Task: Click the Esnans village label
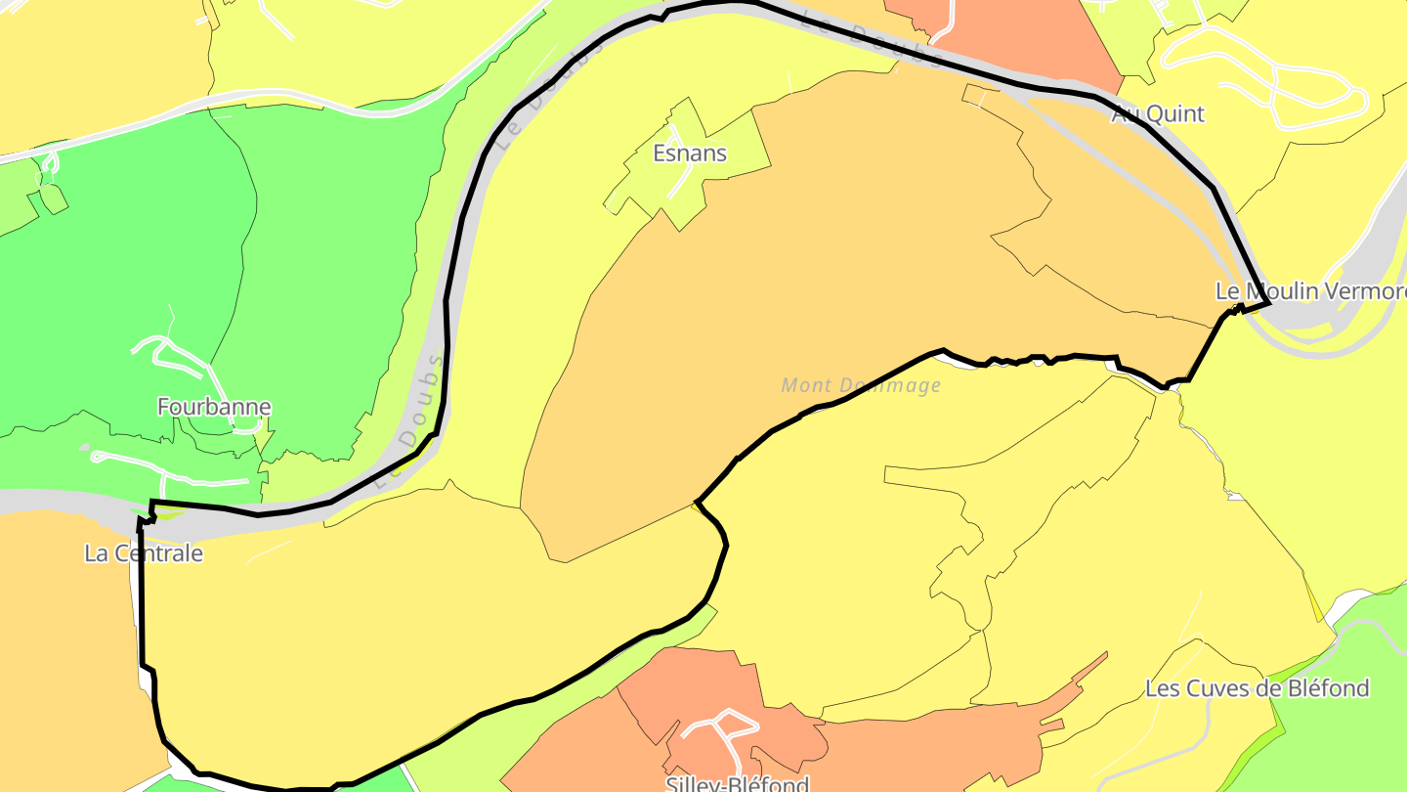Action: pyautogui.click(x=690, y=154)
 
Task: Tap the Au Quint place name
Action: pyautogui.click(x=1158, y=114)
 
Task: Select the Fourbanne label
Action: pyautogui.click(x=214, y=407)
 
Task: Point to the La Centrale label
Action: pyautogui.click(x=144, y=553)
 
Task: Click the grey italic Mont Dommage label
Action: pyautogui.click(x=861, y=385)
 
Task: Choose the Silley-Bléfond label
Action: pyautogui.click(x=738, y=783)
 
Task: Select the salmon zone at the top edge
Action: pyautogui.click(x=1016, y=39)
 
